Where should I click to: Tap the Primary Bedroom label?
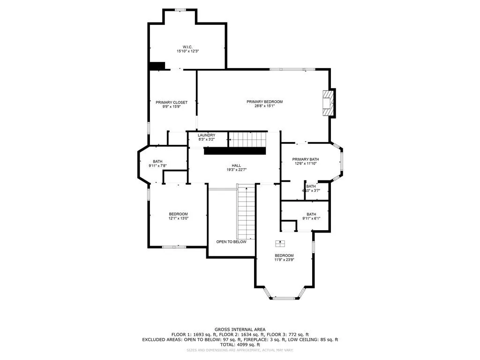pyautogui.click(x=264, y=102)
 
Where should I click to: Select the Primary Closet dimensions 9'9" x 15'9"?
pyautogui.click(x=172, y=106)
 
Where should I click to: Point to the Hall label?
pyautogui.click(x=236, y=165)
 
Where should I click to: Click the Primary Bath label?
pyautogui.click(x=305, y=159)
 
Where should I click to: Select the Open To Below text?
pyautogui.click(x=231, y=242)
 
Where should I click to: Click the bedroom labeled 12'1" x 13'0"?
pyautogui.click(x=178, y=214)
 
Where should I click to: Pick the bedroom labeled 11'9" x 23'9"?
pyautogui.click(x=284, y=255)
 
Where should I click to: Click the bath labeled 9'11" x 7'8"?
pyautogui.click(x=157, y=162)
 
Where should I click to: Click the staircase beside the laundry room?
pyautogui.click(x=247, y=139)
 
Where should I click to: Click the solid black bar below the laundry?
pyautogui.click(x=234, y=151)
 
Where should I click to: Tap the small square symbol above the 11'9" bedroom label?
pyautogui.click(x=281, y=243)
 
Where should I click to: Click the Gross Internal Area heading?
pyautogui.click(x=240, y=330)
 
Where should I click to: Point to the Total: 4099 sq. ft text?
pyautogui.click(x=240, y=344)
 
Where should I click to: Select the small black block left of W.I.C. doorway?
pyautogui.click(x=157, y=66)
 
